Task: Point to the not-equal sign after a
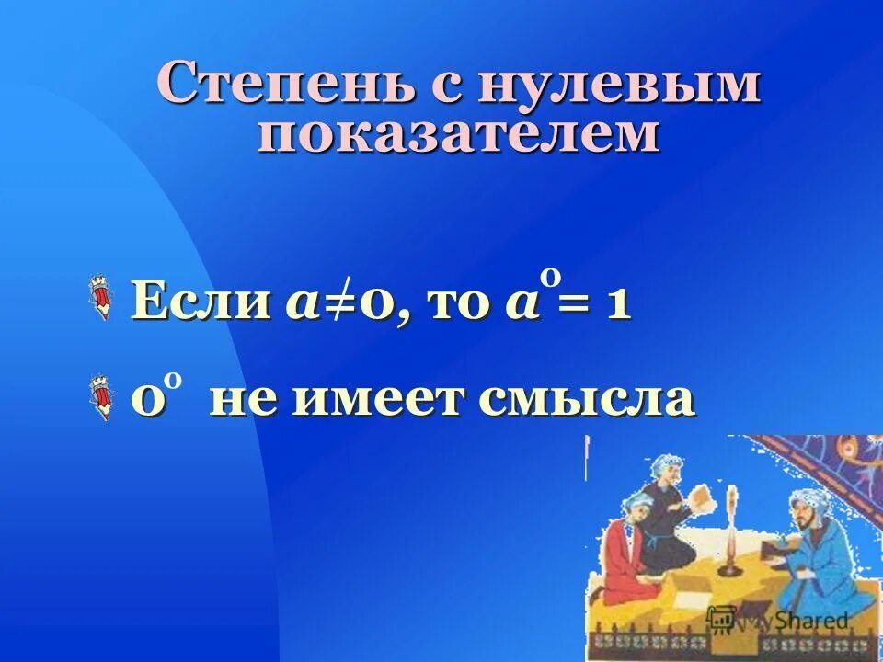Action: tap(345, 304)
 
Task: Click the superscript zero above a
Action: tap(549, 275)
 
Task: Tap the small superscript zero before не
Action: tap(172, 380)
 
